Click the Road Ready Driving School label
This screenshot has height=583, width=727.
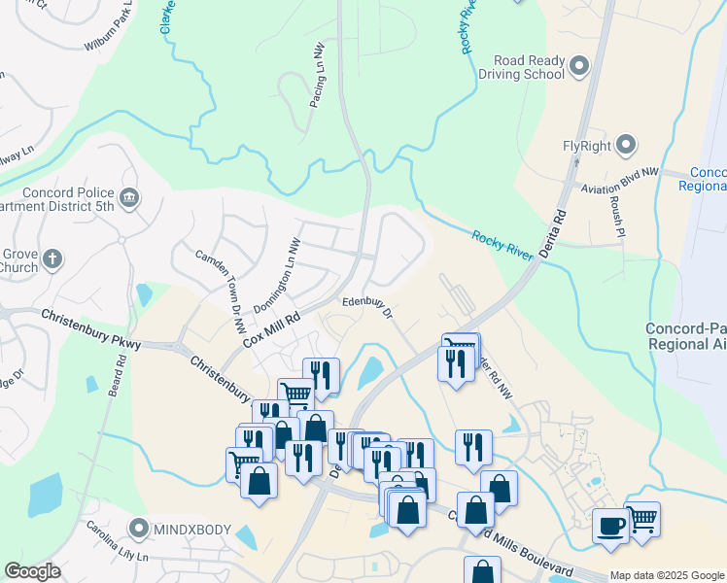pos(528,67)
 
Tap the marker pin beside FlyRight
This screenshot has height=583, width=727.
pos(627,147)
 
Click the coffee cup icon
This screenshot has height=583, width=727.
pos(610,526)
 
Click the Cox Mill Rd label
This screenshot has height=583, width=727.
pos(270,326)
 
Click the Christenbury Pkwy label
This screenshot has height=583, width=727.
pos(91,329)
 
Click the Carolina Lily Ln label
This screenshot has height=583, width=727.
pos(115,550)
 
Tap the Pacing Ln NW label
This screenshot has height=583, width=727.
pos(317,75)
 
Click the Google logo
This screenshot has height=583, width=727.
pos(33,571)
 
